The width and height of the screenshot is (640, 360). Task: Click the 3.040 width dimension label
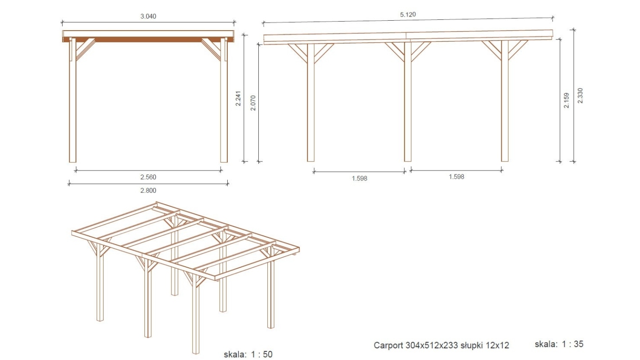(148, 16)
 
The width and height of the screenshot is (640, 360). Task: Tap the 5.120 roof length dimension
(408, 14)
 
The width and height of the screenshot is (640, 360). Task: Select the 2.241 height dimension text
(238, 99)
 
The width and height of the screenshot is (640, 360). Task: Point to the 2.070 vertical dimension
(253, 103)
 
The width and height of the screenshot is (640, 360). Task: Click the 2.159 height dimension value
(566, 100)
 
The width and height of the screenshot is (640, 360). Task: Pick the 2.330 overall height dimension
(580, 96)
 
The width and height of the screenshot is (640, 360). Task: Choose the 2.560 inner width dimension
(148, 177)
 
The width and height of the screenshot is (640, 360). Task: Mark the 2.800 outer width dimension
(148, 190)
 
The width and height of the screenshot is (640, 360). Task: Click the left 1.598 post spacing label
(359, 179)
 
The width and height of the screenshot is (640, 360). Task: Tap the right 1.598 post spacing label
(456, 177)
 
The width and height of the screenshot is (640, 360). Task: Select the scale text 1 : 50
(261, 354)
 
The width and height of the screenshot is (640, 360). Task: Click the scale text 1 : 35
(572, 344)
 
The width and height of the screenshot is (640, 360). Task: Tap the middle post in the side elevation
(408, 102)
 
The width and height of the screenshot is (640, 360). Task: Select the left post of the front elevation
(72, 100)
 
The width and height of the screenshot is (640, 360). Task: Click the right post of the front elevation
(224, 100)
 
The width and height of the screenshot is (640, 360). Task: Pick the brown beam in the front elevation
(148, 40)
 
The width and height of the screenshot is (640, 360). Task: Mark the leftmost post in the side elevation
(311, 103)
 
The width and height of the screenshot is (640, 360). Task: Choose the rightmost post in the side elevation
(505, 101)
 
